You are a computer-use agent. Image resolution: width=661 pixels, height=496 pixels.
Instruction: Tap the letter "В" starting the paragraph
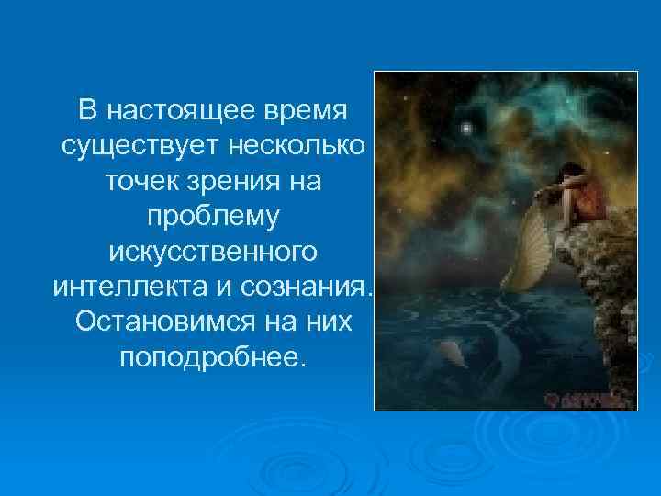tap(85, 112)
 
